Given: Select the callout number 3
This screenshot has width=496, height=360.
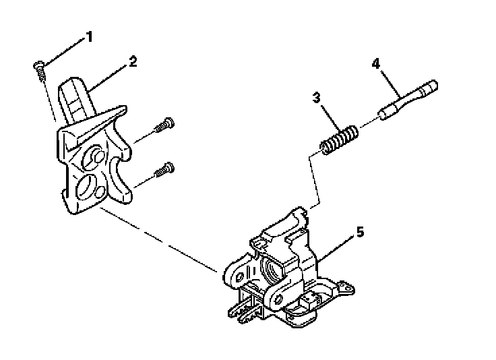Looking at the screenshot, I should tap(315, 98).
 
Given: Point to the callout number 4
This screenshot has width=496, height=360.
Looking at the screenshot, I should tap(376, 64).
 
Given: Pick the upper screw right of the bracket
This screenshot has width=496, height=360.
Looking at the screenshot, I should tap(164, 125).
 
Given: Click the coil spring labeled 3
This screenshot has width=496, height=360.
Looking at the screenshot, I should tap(336, 140).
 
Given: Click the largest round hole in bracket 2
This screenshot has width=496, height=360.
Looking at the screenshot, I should tap(89, 185).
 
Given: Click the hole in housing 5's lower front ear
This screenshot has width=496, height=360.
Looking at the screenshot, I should tap(276, 297).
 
